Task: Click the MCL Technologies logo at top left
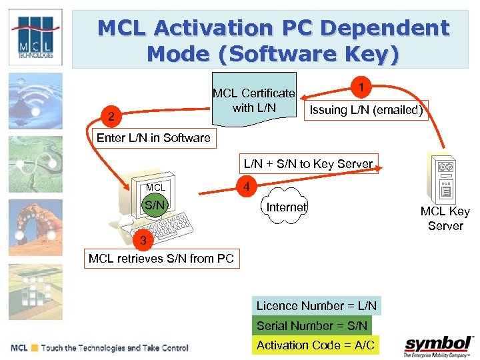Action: pos(35,37)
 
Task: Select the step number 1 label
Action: pos(361,87)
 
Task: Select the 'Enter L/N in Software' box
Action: pos(153,138)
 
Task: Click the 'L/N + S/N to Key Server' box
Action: pos(308,163)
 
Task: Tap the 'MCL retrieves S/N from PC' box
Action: pos(161,258)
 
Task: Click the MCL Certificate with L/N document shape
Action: pos(253,101)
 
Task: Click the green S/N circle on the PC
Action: pos(155,205)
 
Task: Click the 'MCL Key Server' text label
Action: pos(445,219)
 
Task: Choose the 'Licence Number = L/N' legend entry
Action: pos(317,306)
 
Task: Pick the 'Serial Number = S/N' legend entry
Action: pos(312,325)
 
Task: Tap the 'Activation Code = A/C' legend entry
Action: pos(315,345)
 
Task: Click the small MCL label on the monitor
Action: pos(155,187)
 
